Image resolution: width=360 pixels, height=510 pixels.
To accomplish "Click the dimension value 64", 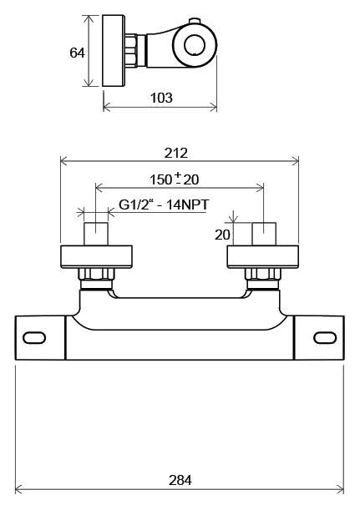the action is click(77, 53).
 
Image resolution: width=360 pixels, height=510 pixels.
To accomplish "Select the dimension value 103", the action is click(161, 98).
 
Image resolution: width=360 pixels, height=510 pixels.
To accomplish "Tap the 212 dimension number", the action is click(176, 153).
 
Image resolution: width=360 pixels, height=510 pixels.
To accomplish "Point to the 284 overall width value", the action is click(180, 480).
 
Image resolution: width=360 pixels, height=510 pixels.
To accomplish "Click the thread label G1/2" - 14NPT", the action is click(164, 205).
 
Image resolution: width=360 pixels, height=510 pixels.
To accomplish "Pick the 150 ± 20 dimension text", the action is click(174, 179).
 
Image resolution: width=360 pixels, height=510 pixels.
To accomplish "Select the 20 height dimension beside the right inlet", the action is click(222, 235).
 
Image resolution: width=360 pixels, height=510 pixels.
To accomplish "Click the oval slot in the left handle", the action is click(34, 337).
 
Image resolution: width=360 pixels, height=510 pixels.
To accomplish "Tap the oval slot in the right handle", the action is click(325, 337).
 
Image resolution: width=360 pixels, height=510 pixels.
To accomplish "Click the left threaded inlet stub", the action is click(96, 234).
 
